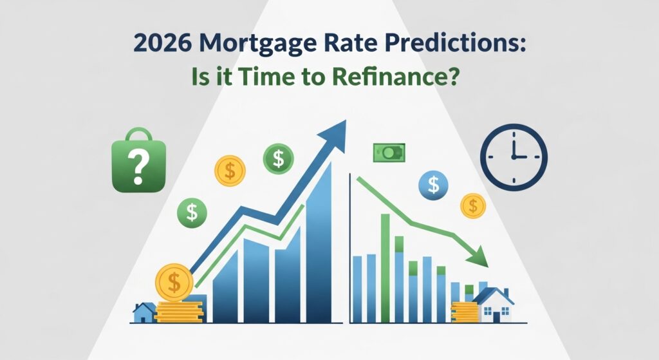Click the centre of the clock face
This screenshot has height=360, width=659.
(514, 157)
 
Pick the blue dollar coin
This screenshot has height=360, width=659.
(433, 185)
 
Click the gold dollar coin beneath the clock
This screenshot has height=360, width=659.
(473, 205)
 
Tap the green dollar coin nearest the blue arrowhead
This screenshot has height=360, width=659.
(278, 157)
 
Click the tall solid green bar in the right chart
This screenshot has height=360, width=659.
(385, 267)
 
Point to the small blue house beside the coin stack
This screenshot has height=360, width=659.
(144, 312)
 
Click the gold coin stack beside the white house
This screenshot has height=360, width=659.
(464, 311)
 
